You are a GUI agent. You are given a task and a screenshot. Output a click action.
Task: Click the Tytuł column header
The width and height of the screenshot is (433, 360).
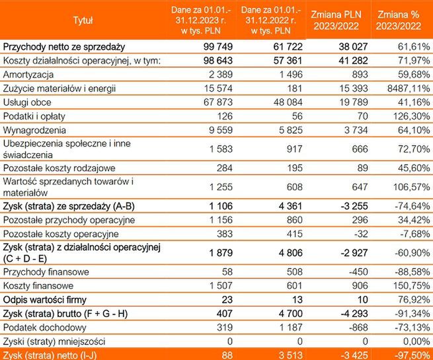click(x=83, y=20)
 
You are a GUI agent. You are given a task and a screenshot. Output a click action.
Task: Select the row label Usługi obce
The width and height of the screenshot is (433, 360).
click(x=27, y=103)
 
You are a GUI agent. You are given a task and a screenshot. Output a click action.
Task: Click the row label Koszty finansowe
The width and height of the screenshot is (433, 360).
click(x=38, y=285)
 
